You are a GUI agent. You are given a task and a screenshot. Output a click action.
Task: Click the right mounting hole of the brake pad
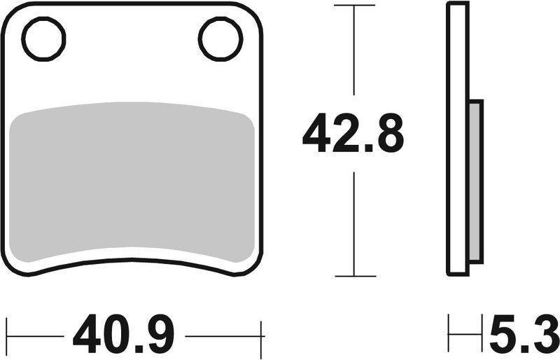(220, 39)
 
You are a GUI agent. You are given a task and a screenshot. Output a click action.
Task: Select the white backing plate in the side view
(458, 140)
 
